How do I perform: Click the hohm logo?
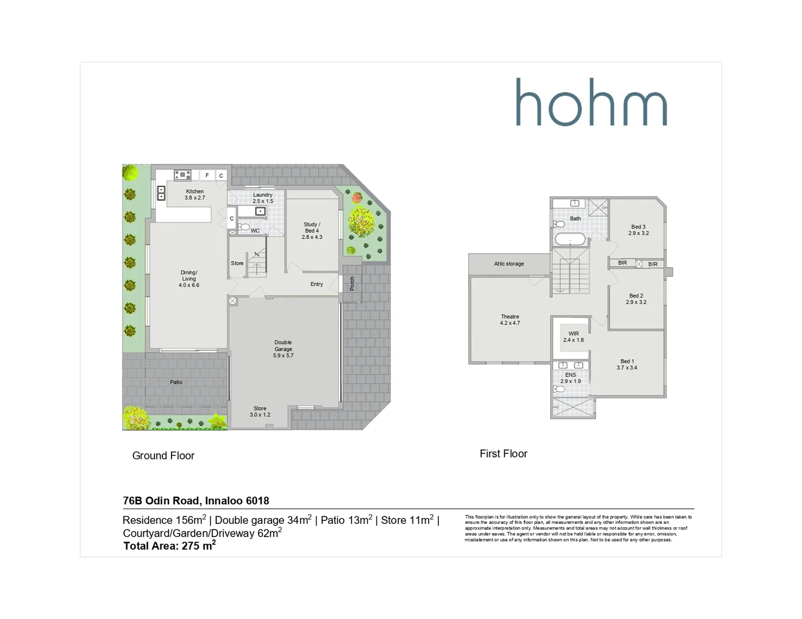[x=591, y=103]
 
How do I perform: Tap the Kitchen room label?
[x=194, y=195]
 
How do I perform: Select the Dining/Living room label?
[x=189, y=279]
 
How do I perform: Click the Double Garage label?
[x=283, y=349]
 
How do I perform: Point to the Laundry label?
[x=263, y=198]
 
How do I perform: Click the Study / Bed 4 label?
[x=312, y=230]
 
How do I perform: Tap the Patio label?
[x=176, y=382]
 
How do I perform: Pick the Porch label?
[x=352, y=283]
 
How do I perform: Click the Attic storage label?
[x=509, y=264]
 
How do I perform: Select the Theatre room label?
[x=509, y=320]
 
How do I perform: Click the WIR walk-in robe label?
[x=573, y=337]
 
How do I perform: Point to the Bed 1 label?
[x=626, y=365]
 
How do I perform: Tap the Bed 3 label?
[x=638, y=230]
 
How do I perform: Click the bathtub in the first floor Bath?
[x=570, y=239]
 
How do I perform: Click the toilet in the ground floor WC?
[x=244, y=228]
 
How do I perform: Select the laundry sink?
[x=260, y=211]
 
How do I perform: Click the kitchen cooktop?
[x=182, y=175]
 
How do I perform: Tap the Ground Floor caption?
[x=163, y=456]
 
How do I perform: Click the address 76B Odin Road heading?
[x=196, y=500]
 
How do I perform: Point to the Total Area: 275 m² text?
[x=169, y=546]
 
